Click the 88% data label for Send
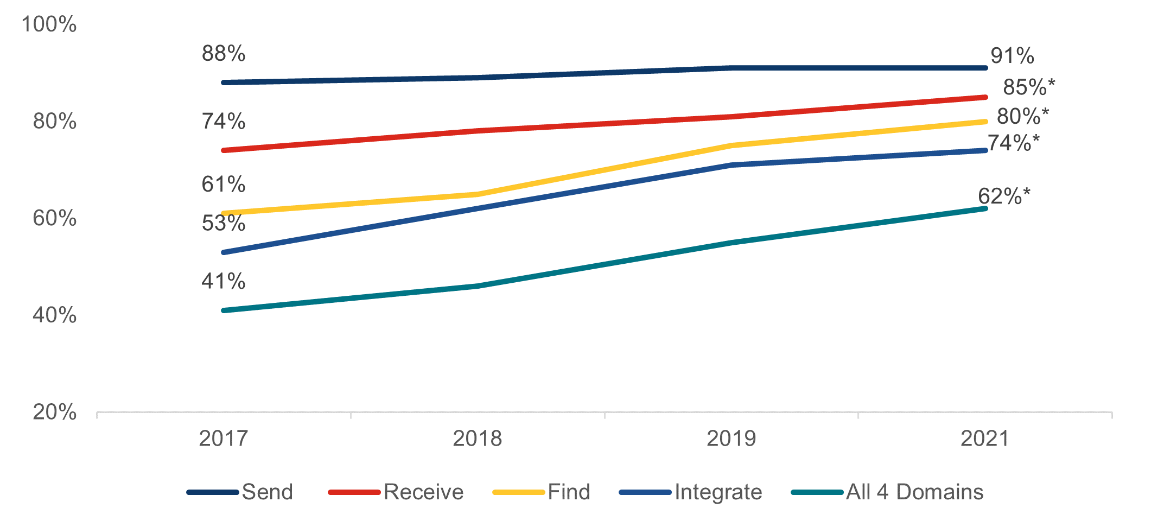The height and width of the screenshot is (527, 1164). [x=223, y=54]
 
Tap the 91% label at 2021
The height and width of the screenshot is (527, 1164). [x=1012, y=56]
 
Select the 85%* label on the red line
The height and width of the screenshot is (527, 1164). [x=1028, y=87]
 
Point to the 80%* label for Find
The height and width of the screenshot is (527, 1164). [x=1022, y=116]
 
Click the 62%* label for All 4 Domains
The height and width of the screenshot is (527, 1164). [x=1003, y=196]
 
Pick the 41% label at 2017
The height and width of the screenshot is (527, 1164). [x=223, y=281]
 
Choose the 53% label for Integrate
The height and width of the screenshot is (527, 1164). [x=223, y=223]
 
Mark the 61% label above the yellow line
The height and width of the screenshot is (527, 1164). [x=223, y=185]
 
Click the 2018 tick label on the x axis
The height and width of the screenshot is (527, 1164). [x=477, y=439]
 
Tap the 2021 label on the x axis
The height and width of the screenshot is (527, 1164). [x=985, y=439]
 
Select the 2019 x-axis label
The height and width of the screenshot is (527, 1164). [x=731, y=439]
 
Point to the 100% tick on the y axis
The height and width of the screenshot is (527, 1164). [x=49, y=24]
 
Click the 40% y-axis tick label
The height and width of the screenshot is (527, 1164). [x=54, y=315]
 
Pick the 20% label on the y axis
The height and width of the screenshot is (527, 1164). [x=54, y=412]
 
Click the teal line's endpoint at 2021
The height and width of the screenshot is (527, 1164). [x=985, y=208]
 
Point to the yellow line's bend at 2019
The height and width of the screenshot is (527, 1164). [x=731, y=145]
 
